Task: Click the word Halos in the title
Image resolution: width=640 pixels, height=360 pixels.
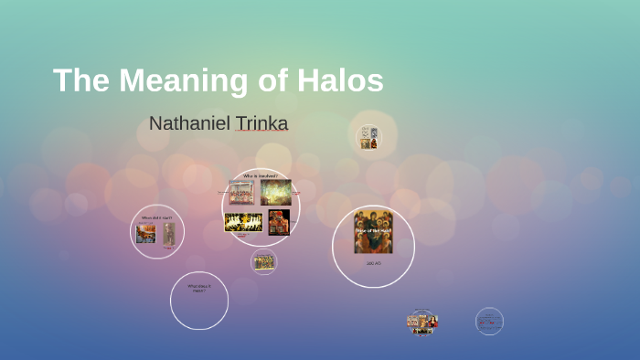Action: click(x=339, y=80)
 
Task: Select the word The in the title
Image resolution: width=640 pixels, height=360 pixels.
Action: click(x=80, y=80)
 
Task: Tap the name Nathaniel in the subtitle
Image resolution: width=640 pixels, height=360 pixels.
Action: click(x=187, y=123)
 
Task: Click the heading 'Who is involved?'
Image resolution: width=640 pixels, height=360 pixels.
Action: click(x=260, y=175)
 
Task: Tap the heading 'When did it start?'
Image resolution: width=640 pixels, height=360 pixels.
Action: click(x=156, y=217)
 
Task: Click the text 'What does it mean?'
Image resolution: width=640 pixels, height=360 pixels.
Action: click(x=198, y=288)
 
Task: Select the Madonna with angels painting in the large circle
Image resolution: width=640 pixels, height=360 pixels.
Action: click(x=373, y=232)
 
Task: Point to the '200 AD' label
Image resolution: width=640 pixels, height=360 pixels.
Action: click(x=373, y=263)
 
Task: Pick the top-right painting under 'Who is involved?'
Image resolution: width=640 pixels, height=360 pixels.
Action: click(x=276, y=192)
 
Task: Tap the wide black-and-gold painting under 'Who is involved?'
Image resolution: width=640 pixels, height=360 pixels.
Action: click(x=243, y=222)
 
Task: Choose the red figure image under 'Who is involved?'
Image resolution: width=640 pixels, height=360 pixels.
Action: click(x=279, y=222)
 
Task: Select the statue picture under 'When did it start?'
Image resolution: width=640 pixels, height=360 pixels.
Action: click(x=169, y=234)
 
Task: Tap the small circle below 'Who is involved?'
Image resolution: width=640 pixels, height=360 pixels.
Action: click(x=263, y=262)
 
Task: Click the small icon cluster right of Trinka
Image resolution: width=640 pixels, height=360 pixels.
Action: click(x=368, y=137)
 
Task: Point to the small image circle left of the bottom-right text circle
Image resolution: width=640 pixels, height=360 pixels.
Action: click(x=422, y=323)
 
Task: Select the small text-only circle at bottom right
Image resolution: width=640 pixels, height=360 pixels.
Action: click(x=489, y=322)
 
